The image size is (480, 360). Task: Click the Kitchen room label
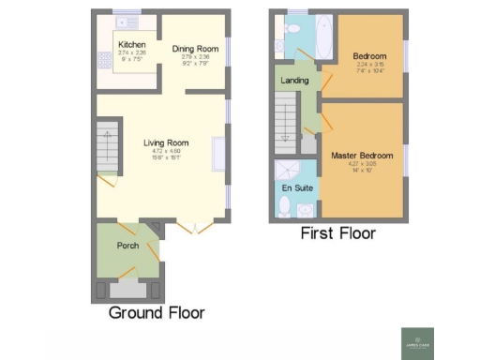(x=130, y=44)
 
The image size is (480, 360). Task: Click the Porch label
(x=127, y=246)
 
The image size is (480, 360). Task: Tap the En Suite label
(x=296, y=188)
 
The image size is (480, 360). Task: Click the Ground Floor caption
(x=157, y=312)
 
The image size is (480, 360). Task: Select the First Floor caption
(x=337, y=233)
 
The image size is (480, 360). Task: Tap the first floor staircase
(x=286, y=125)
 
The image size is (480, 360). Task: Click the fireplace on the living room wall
(x=217, y=154)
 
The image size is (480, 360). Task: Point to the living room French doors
(x=193, y=225)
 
